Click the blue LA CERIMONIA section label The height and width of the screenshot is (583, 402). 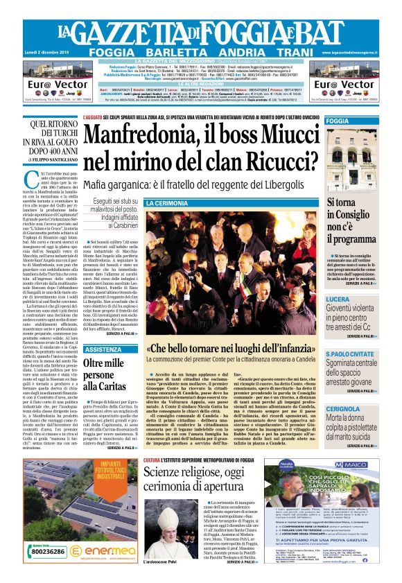click(x=167, y=203)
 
